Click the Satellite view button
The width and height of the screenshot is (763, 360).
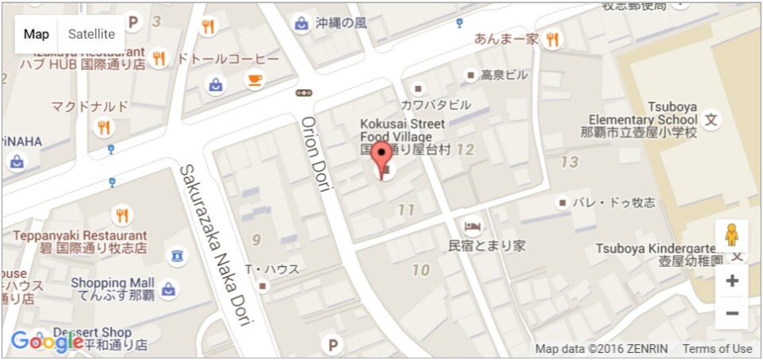(91, 34)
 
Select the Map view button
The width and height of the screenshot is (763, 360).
(36, 34)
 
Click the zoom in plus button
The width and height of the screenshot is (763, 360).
(732, 281)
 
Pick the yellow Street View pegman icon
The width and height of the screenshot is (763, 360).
(731, 237)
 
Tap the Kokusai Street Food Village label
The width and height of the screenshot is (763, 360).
(403, 136)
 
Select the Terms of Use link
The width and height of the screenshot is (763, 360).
(717, 349)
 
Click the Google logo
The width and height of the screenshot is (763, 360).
(46, 342)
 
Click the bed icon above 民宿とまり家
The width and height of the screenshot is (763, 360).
(471, 225)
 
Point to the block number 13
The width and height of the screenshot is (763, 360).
(569, 162)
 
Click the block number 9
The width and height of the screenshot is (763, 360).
(256, 239)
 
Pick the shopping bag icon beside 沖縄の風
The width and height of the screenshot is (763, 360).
(301, 23)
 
